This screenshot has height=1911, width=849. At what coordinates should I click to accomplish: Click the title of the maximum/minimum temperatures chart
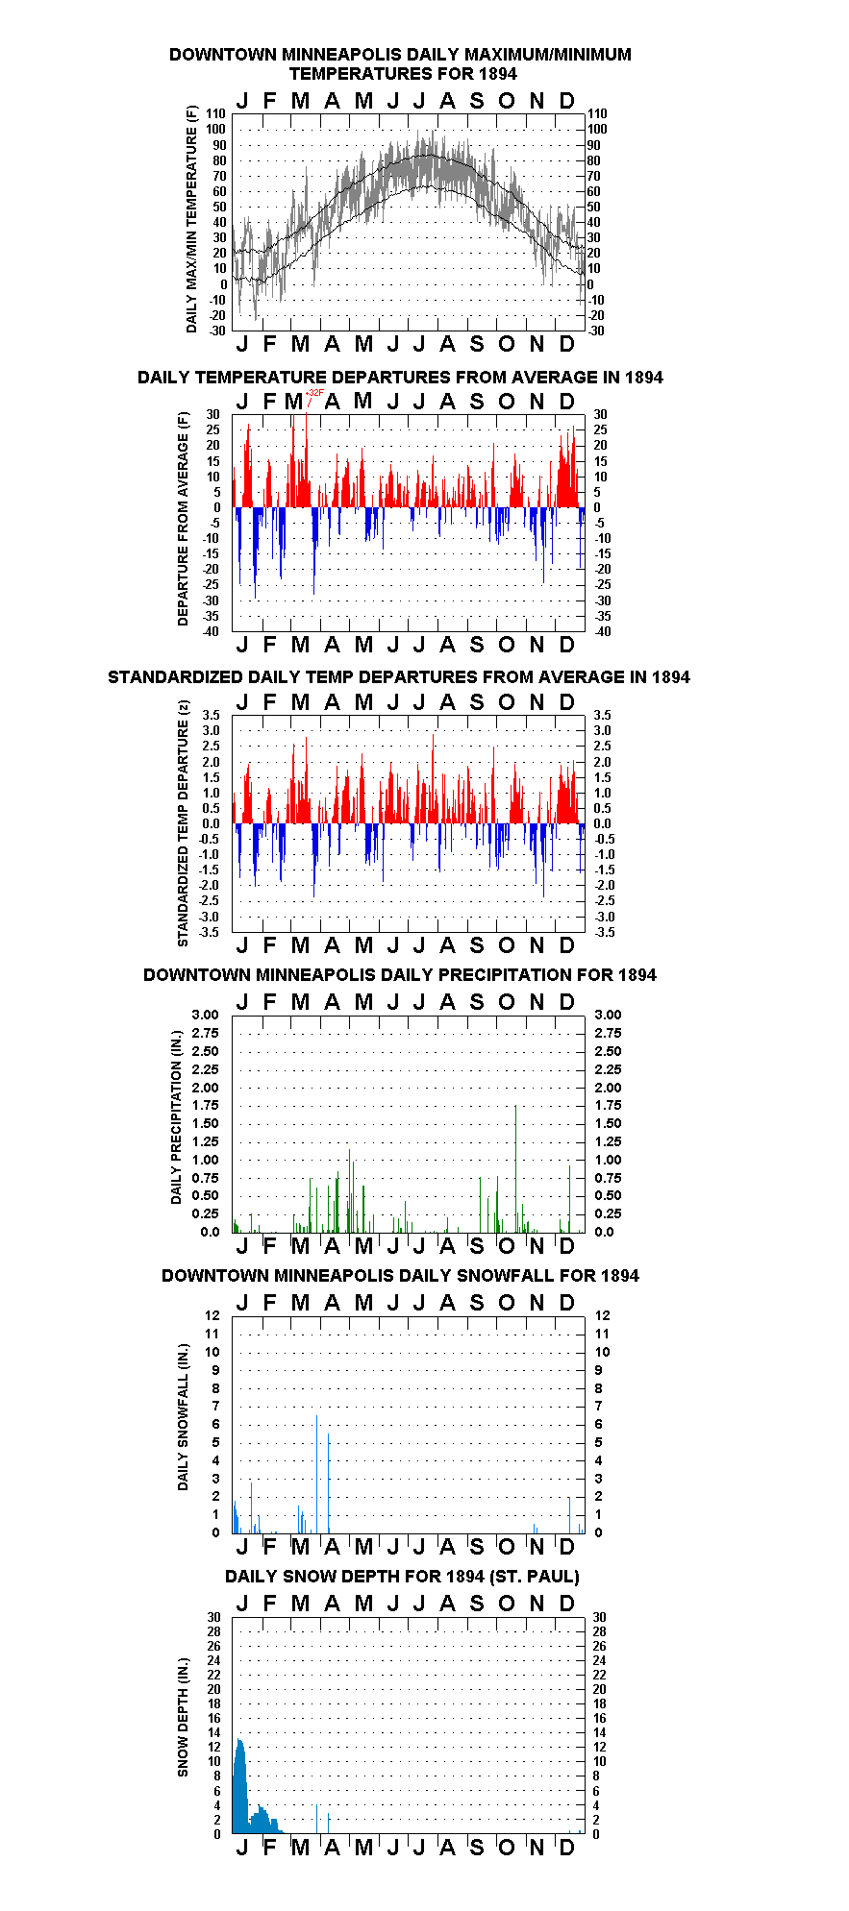pyautogui.click(x=400, y=63)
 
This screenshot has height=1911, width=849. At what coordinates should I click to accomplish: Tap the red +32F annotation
pyautogui.click(x=314, y=393)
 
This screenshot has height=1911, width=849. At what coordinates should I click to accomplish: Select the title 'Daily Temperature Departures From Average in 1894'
pyautogui.click(x=400, y=377)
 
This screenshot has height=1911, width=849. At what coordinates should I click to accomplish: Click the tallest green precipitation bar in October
pyautogui.click(x=516, y=1168)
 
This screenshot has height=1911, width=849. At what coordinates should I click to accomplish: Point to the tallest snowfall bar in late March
pyautogui.click(x=317, y=1474)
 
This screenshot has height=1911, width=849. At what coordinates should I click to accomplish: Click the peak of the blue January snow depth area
pyautogui.click(x=240, y=1740)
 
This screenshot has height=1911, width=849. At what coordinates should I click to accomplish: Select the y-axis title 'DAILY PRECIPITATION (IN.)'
pyautogui.click(x=177, y=1117)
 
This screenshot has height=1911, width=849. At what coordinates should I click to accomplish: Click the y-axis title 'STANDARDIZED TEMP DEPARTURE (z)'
pyautogui.click(x=183, y=823)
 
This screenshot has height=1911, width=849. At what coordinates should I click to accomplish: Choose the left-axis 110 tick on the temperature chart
pyautogui.click(x=216, y=113)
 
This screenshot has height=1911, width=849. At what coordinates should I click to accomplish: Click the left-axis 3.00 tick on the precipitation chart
pyautogui.click(x=206, y=1015)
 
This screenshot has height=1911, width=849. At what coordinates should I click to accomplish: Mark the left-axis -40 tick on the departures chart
pyautogui.click(x=211, y=631)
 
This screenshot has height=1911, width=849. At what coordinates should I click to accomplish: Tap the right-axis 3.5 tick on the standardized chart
pyautogui.click(x=602, y=715)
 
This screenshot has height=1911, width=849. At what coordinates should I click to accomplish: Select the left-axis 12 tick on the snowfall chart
pyautogui.click(x=212, y=1315)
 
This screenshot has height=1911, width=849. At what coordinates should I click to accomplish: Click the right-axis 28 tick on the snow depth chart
pyautogui.click(x=600, y=1631)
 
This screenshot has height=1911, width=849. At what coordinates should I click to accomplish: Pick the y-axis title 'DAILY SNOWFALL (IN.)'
pyautogui.click(x=183, y=1417)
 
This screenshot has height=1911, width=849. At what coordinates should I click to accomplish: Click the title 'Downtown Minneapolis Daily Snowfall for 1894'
pyautogui.click(x=400, y=1276)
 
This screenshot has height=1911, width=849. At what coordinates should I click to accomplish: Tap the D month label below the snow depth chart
pyautogui.click(x=566, y=1847)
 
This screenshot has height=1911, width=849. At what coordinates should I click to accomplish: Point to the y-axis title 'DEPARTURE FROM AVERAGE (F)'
pyautogui.click(x=183, y=519)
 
